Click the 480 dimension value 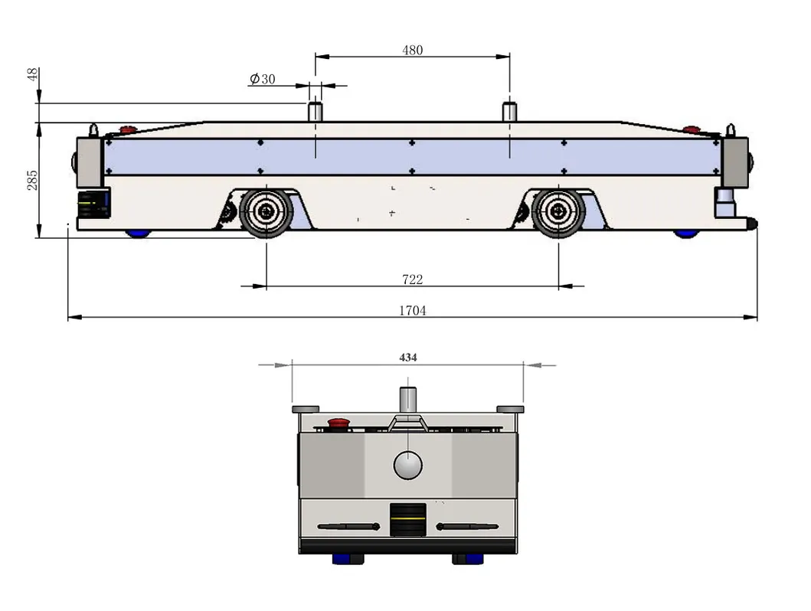[412, 51]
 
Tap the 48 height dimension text [32, 74]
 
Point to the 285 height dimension [32, 179]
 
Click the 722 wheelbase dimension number [412, 279]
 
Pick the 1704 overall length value [412, 310]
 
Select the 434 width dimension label [408, 358]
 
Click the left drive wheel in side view [266, 212]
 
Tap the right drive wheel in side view [558, 212]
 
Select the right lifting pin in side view [510, 111]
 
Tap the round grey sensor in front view [407, 464]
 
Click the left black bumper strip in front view [348, 526]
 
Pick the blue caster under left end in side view [139, 233]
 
